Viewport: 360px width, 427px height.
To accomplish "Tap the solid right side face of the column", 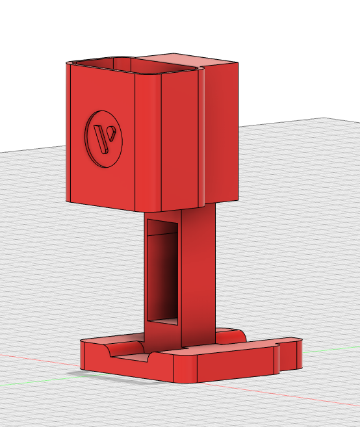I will (198, 273).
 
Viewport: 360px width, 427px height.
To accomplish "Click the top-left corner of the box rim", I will (68, 62).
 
